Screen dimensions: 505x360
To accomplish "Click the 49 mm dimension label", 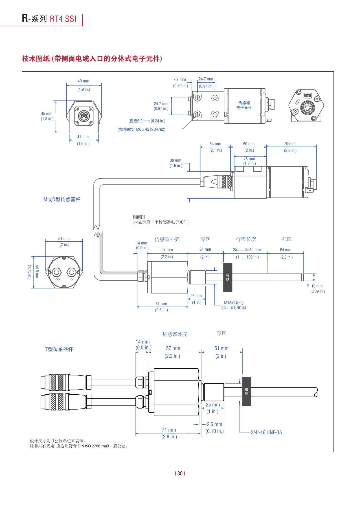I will click(x=83, y=81).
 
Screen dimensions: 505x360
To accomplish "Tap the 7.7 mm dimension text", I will click(x=180, y=80).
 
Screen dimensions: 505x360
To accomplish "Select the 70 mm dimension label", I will click(x=290, y=144).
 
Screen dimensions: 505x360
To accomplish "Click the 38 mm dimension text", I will click(x=175, y=160).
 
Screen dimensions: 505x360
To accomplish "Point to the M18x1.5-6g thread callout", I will click(x=234, y=303).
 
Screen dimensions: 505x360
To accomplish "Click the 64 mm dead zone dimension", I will click(x=286, y=250).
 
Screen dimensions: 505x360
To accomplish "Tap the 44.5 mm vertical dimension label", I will click(x=37, y=272).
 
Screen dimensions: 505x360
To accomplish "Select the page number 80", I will click(x=180, y=473).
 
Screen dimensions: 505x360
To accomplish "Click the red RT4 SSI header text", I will click(x=63, y=19).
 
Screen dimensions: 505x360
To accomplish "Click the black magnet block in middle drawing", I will click(x=228, y=277).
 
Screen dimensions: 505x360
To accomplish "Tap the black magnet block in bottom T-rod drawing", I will click(x=247, y=392).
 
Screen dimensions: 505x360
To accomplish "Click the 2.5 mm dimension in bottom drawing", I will click(x=214, y=424).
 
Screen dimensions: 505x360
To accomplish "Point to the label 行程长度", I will click(x=246, y=239).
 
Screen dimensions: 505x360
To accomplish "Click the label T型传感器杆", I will click(x=59, y=349).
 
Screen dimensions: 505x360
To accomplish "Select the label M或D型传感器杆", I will click(x=62, y=199).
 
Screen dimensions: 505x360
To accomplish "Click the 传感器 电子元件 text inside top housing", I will click(x=244, y=105).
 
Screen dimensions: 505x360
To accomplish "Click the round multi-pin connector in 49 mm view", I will click(x=84, y=116).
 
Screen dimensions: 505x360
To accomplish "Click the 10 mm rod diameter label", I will click(x=317, y=286).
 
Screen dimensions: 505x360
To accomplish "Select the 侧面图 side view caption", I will click(x=139, y=217).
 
